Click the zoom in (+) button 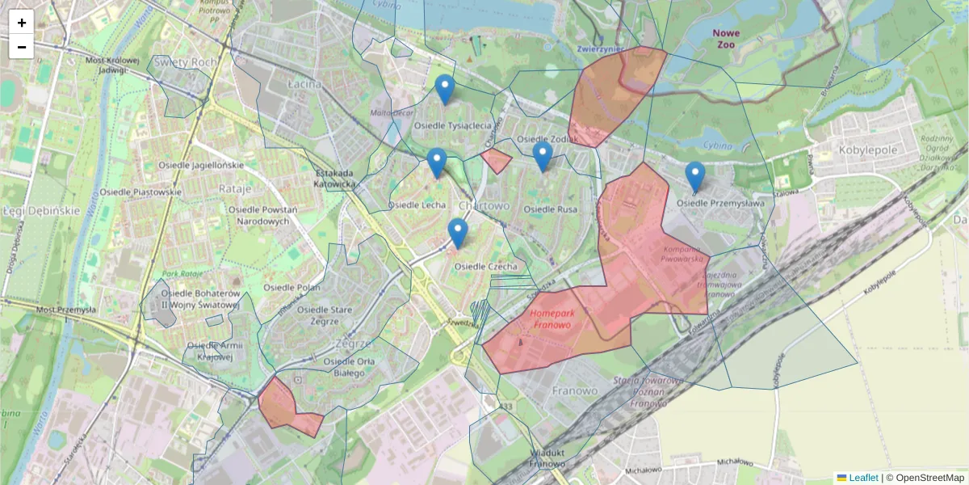(x=22, y=23)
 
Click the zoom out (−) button (x=22, y=47)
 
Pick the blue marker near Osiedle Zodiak (x=543, y=156)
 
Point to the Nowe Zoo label (x=725, y=39)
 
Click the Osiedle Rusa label (x=551, y=209)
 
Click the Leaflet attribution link (x=863, y=478)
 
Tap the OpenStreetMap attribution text (x=925, y=478)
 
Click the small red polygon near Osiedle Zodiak (x=497, y=160)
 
